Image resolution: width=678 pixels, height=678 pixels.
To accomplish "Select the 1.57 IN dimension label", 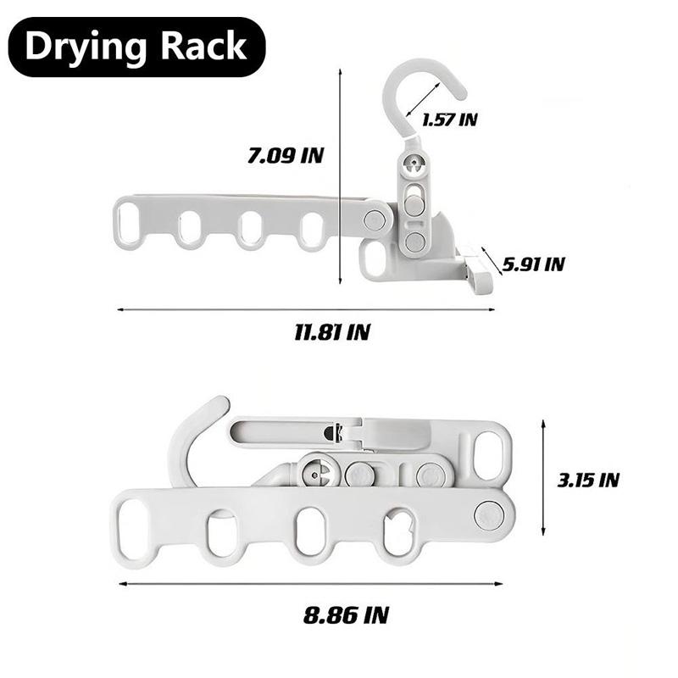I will [x=449, y=119].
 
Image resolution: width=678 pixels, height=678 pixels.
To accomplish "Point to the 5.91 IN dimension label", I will [x=532, y=264].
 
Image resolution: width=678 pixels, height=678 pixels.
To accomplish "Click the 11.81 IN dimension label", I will [x=332, y=331].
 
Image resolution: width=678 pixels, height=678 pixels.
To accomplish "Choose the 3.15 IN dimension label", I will [x=588, y=480].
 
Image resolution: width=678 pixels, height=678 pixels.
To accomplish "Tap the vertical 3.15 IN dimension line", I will [x=543, y=479].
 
